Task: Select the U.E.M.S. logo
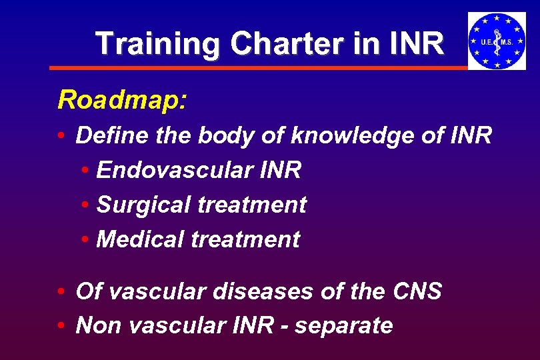pos(497,41)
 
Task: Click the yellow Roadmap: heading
pos(122,100)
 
